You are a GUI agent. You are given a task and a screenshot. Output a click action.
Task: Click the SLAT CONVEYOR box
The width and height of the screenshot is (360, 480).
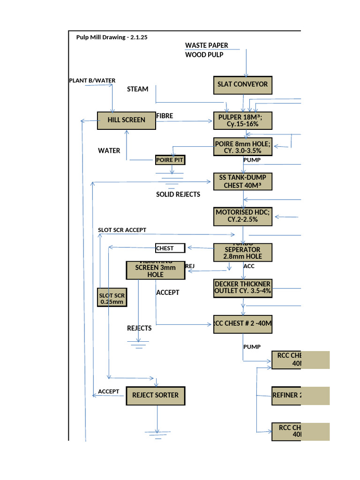pyautogui.click(x=242, y=85)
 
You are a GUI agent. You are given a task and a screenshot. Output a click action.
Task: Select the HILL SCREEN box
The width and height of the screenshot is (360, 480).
pyautogui.click(x=126, y=120)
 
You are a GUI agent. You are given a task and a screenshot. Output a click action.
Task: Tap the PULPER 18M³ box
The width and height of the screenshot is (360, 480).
pyautogui.click(x=242, y=120)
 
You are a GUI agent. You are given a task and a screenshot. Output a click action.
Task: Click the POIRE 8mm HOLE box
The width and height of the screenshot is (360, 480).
pyautogui.click(x=242, y=147)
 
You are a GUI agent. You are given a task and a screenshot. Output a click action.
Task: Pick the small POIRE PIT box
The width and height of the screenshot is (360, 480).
pyautogui.click(x=170, y=160)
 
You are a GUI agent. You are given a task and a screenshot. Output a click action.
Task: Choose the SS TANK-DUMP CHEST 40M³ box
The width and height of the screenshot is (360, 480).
pyautogui.click(x=242, y=181)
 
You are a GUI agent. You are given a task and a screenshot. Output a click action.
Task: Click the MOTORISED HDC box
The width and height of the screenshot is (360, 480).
pyautogui.click(x=242, y=216)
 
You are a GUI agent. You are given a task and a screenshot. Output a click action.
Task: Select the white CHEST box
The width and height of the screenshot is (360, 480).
pyautogui.click(x=171, y=248)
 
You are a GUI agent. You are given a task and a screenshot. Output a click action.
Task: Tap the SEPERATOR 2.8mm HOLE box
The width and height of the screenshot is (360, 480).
pyautogui.click(x=242, y=252)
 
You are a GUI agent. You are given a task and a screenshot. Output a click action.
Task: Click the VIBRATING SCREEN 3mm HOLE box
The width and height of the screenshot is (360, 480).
pyautogui.click(x=156, y=270)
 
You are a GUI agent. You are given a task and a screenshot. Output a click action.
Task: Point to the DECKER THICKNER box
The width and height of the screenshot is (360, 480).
pyautogui.click(x=242, y=287)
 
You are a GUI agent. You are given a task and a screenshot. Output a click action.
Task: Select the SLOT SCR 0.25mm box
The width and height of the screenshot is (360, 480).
pyautogui.click(x=112, y=298)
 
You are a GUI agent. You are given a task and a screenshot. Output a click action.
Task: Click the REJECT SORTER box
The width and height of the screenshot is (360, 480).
pyautogui.click(x=155, y=396)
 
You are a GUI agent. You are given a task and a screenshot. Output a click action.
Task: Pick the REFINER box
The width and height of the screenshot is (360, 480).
pyautogui.click(x=300, y=396)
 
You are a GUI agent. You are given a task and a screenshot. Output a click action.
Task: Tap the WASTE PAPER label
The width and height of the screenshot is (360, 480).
pyautogui.click(x=207, y=45)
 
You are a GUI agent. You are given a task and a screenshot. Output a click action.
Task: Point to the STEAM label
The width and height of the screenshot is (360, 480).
pyautogui.click(x=137, y=89)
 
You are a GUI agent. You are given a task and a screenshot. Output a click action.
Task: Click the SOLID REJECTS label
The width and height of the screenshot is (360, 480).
pyautogui.click(x=178, y=194)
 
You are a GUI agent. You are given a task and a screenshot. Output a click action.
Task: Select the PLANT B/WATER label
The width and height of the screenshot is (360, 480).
pyautogui.click(x=92, y=81)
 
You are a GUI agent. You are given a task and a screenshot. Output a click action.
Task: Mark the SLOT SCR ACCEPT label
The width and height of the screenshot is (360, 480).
pyautogui.click(x=122, y=230)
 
